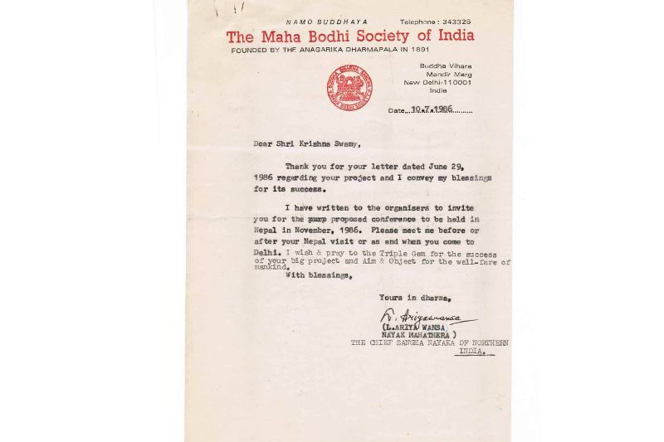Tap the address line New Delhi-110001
[437, 82]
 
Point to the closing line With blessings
[319, 274]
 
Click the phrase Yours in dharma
[415, 296]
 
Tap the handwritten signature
[423, 316]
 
